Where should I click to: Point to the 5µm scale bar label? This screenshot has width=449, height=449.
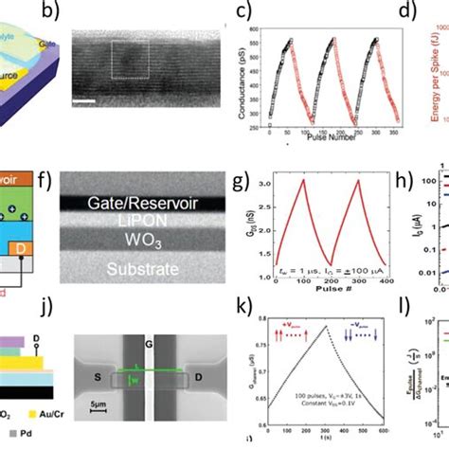point(91,418)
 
